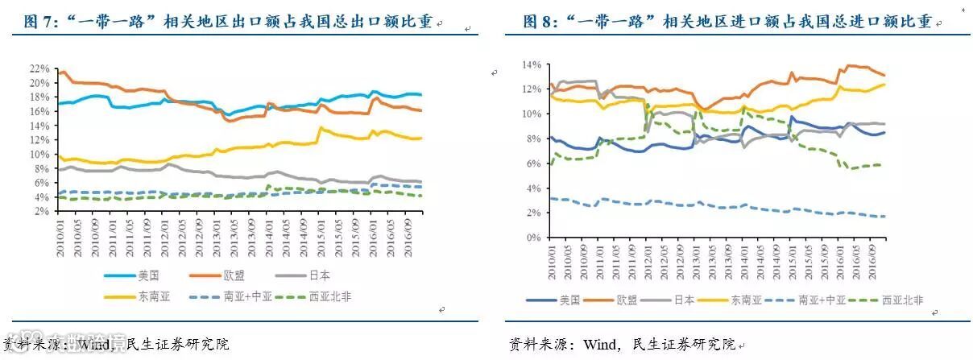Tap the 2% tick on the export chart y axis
[x=43, y=210]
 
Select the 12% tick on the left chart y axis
[x=40, y=139]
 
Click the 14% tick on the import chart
[x=532, y=64]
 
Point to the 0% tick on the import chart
[x=535, y=238]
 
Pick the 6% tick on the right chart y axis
[x=535, y=163]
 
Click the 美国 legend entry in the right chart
[x=569, y=300]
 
